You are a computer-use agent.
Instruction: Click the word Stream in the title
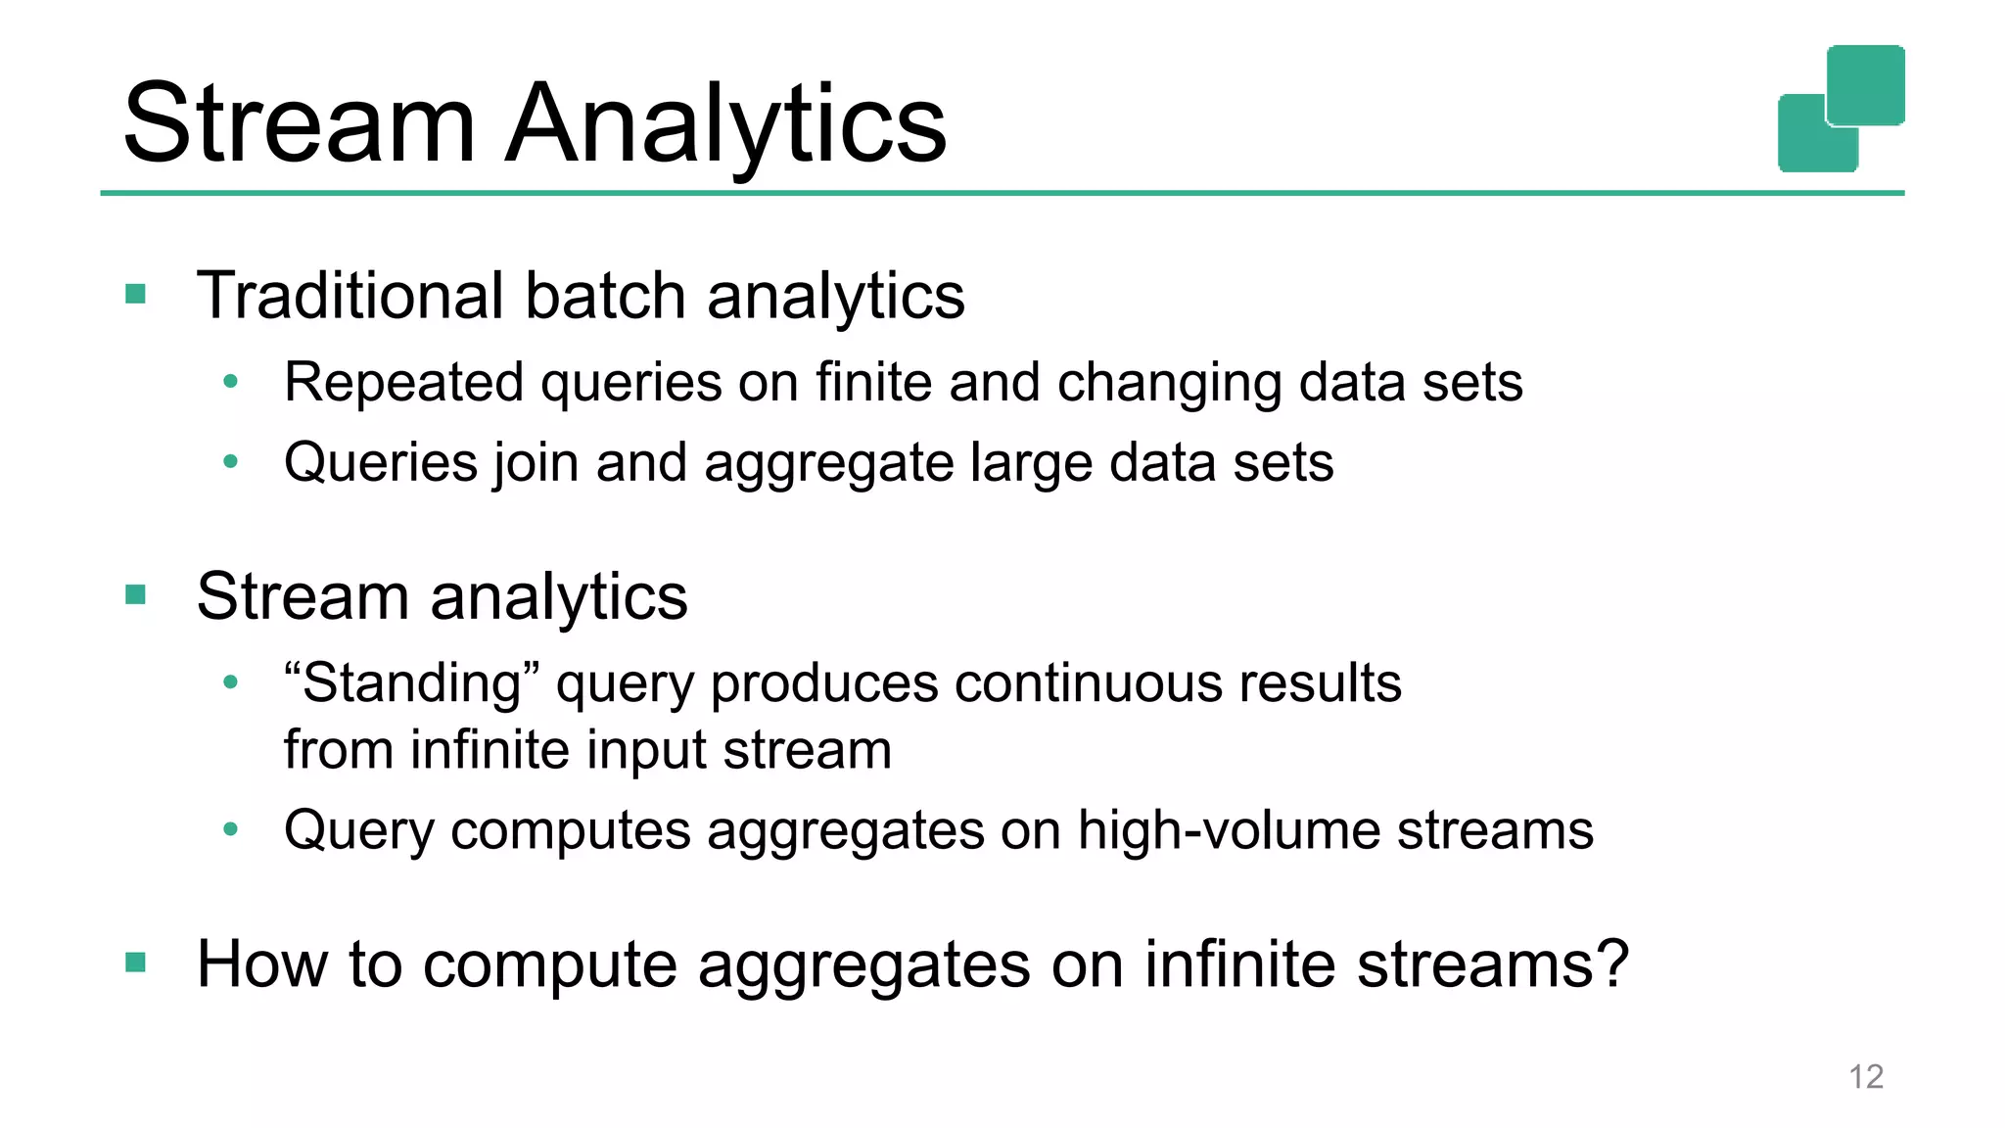pos(299,124)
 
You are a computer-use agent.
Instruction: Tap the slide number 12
pos(1865,1076)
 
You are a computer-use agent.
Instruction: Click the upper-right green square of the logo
pos(1866,84)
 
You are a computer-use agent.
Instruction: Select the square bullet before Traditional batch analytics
pos(136,294)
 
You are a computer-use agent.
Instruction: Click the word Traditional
pos(350,296)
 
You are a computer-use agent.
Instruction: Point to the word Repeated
pos(403,382)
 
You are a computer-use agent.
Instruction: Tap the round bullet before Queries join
pos(230,461)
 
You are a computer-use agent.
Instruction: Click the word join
pos(536,463)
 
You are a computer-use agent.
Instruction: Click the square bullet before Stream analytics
pos(136,594)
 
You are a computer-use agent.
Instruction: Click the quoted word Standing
pos(411,683)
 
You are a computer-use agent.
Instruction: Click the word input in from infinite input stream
pos(646,751)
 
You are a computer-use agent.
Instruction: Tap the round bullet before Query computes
pos(230,829)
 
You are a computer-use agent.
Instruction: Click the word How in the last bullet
pos(261,964)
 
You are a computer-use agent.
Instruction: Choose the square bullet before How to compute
pos(136,963)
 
